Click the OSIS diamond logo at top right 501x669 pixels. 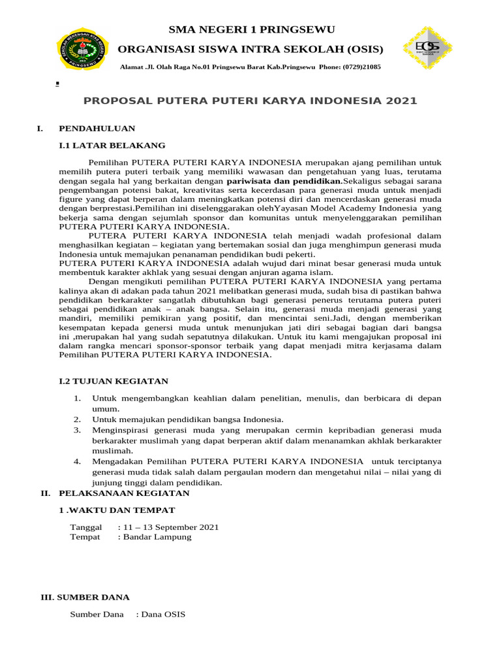pyautogui.click(x=427, y=48)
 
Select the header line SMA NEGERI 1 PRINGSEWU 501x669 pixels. pyautogui.click(x=251, y=29)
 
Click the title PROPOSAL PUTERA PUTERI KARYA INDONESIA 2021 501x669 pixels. pyautogui.click(x=250, y=101)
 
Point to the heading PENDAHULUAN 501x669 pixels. pyautogui.click(x=97, y=128)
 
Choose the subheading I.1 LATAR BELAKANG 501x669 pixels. pyautogui.click(x=112, y=145)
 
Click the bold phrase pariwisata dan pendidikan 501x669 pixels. pyautogui.click(x=283, y=180)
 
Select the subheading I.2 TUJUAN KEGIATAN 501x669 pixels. pyautogui.click(x=114, y=381)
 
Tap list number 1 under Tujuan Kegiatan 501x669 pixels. pyautogui.click(x=77, y=398)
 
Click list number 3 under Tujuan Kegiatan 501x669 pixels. pyautogui.click(x=77, y=430)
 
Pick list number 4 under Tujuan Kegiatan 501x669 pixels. pyautogui.click(x=77, y=461)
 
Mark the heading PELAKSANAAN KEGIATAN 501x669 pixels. pyautogui.click(x=124, y=493)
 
